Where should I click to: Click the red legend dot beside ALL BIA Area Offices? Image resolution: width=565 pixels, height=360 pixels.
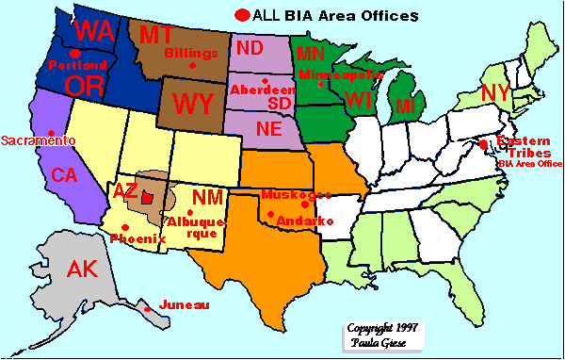pos(243,15)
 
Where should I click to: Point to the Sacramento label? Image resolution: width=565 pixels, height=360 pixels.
pos(38,139)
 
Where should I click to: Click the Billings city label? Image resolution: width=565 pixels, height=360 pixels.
pos(189,54)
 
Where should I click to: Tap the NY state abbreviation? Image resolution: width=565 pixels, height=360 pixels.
pos(496,93)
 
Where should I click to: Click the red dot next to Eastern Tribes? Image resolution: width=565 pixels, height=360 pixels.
pos(483,144)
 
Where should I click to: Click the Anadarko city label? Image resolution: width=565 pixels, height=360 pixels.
pos(305,220)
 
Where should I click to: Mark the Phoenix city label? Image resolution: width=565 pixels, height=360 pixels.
pos(137,238)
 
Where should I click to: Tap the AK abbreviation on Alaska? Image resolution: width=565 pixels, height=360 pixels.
pos(83,270)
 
